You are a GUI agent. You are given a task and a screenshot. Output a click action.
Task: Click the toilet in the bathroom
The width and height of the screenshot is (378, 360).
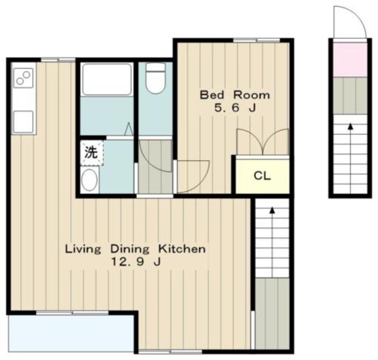click(155, 78)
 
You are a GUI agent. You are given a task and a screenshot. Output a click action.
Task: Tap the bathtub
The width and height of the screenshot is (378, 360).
click(107, 79)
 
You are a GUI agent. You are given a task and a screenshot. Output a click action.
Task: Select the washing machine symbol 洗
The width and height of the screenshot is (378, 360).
click(91, 153)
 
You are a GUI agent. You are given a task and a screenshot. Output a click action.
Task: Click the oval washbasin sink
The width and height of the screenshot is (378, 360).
click(89, 180)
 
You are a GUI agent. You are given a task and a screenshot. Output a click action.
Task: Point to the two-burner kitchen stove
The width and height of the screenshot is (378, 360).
click(23, 78)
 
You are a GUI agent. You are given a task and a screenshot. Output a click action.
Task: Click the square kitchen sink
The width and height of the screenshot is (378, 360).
click(23, 122)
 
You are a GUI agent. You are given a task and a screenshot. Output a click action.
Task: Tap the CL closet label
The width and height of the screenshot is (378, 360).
click(262, 176)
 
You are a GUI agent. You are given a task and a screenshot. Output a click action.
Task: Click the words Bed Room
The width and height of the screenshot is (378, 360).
click(234, 95)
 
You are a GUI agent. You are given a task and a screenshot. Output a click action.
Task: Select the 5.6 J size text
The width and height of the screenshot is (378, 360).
click(235, 108)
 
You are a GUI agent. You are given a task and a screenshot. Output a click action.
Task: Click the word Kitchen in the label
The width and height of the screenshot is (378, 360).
click(182, 249)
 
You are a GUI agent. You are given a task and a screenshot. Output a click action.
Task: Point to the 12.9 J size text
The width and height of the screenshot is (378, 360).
click(135, 262)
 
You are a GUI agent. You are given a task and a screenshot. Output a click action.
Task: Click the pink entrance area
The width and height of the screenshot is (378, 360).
click(350, 60)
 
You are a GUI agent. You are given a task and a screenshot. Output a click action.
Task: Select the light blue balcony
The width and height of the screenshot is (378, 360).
click(71, 333)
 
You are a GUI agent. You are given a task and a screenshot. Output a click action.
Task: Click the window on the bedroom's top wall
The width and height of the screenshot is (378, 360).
click(256, 41)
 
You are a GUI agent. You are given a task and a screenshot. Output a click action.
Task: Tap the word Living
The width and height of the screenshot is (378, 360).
click(83, 249)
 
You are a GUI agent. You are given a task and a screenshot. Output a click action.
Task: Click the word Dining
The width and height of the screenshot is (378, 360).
click(130, 249)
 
